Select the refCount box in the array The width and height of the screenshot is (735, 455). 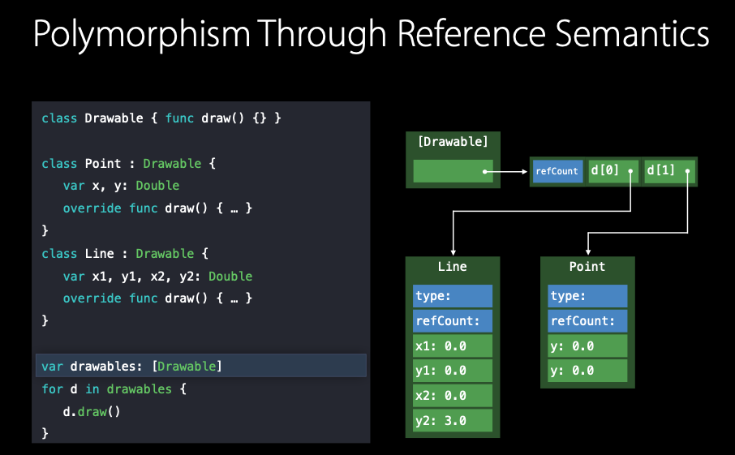557,171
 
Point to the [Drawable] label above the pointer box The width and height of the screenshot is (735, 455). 453,143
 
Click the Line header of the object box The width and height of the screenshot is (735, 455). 452,267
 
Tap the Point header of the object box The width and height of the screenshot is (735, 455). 587,267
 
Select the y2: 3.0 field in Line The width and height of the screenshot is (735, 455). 452,420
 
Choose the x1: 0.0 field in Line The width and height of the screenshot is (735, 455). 452,346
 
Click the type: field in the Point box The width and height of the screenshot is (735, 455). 587,296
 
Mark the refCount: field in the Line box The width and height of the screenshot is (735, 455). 452,320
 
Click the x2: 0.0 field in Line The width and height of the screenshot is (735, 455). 452,395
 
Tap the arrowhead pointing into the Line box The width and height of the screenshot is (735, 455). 453,251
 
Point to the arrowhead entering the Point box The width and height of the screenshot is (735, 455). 588,251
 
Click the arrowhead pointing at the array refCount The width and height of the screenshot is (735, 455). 525,171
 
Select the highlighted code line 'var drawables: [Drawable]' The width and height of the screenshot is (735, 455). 132,366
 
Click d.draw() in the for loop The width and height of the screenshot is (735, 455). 92,411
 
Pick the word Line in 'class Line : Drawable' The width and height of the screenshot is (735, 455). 99,253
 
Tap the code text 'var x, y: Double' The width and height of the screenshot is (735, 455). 121,186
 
